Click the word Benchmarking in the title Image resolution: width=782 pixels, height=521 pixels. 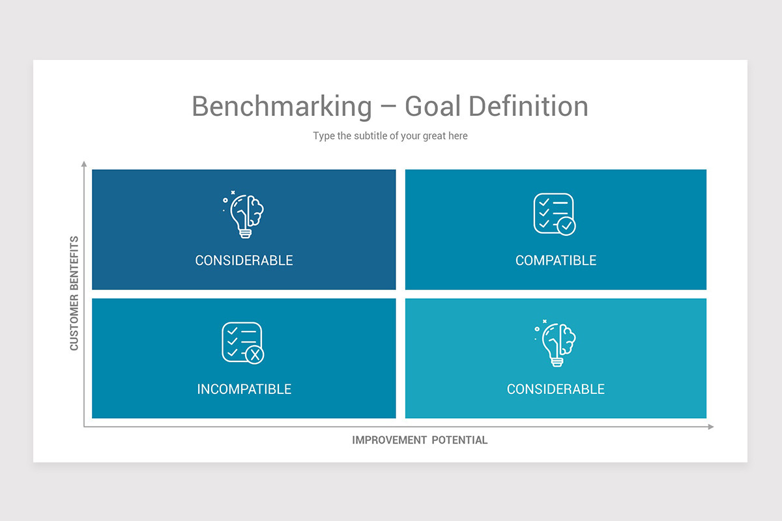click(282, 106)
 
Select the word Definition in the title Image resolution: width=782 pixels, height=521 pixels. click(529, 106)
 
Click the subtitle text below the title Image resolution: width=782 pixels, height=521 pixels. click(390, 136)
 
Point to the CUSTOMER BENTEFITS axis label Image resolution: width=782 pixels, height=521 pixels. click(74, 293)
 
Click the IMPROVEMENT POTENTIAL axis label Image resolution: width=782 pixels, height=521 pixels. click(420, 440)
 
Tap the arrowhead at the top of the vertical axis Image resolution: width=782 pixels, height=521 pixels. click(83, 163)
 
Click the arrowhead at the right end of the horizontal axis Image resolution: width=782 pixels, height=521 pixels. click(711, 427)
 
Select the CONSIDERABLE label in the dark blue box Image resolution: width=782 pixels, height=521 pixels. click(244, 260)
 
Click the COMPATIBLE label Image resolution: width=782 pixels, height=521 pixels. click(556, 260)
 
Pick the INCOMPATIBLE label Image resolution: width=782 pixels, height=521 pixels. click(244, 389)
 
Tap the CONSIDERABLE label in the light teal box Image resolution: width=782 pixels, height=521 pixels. click(556, 389)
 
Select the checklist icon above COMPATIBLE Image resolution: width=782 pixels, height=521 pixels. click(554, 214)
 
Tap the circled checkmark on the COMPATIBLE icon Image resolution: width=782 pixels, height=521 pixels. click(566, 226)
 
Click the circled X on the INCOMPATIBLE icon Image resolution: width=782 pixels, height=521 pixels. click(255, 355)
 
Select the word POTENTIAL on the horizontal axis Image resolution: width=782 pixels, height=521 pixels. click(459, 440)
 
